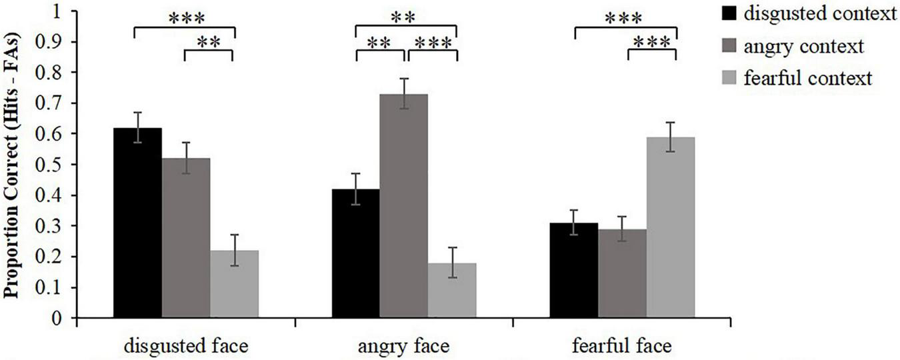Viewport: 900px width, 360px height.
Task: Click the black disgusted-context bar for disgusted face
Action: (137, 223)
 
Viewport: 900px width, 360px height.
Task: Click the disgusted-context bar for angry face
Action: (355, 254)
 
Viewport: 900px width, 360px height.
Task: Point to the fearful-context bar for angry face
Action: (452, 291)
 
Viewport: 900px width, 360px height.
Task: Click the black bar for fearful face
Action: (573, 271)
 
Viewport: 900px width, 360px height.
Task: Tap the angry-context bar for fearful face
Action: (622, 274)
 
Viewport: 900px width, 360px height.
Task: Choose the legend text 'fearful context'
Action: (797, 78)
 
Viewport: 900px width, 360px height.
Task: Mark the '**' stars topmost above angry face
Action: (406, 17)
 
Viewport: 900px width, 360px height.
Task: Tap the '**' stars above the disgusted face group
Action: (208, 43)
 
